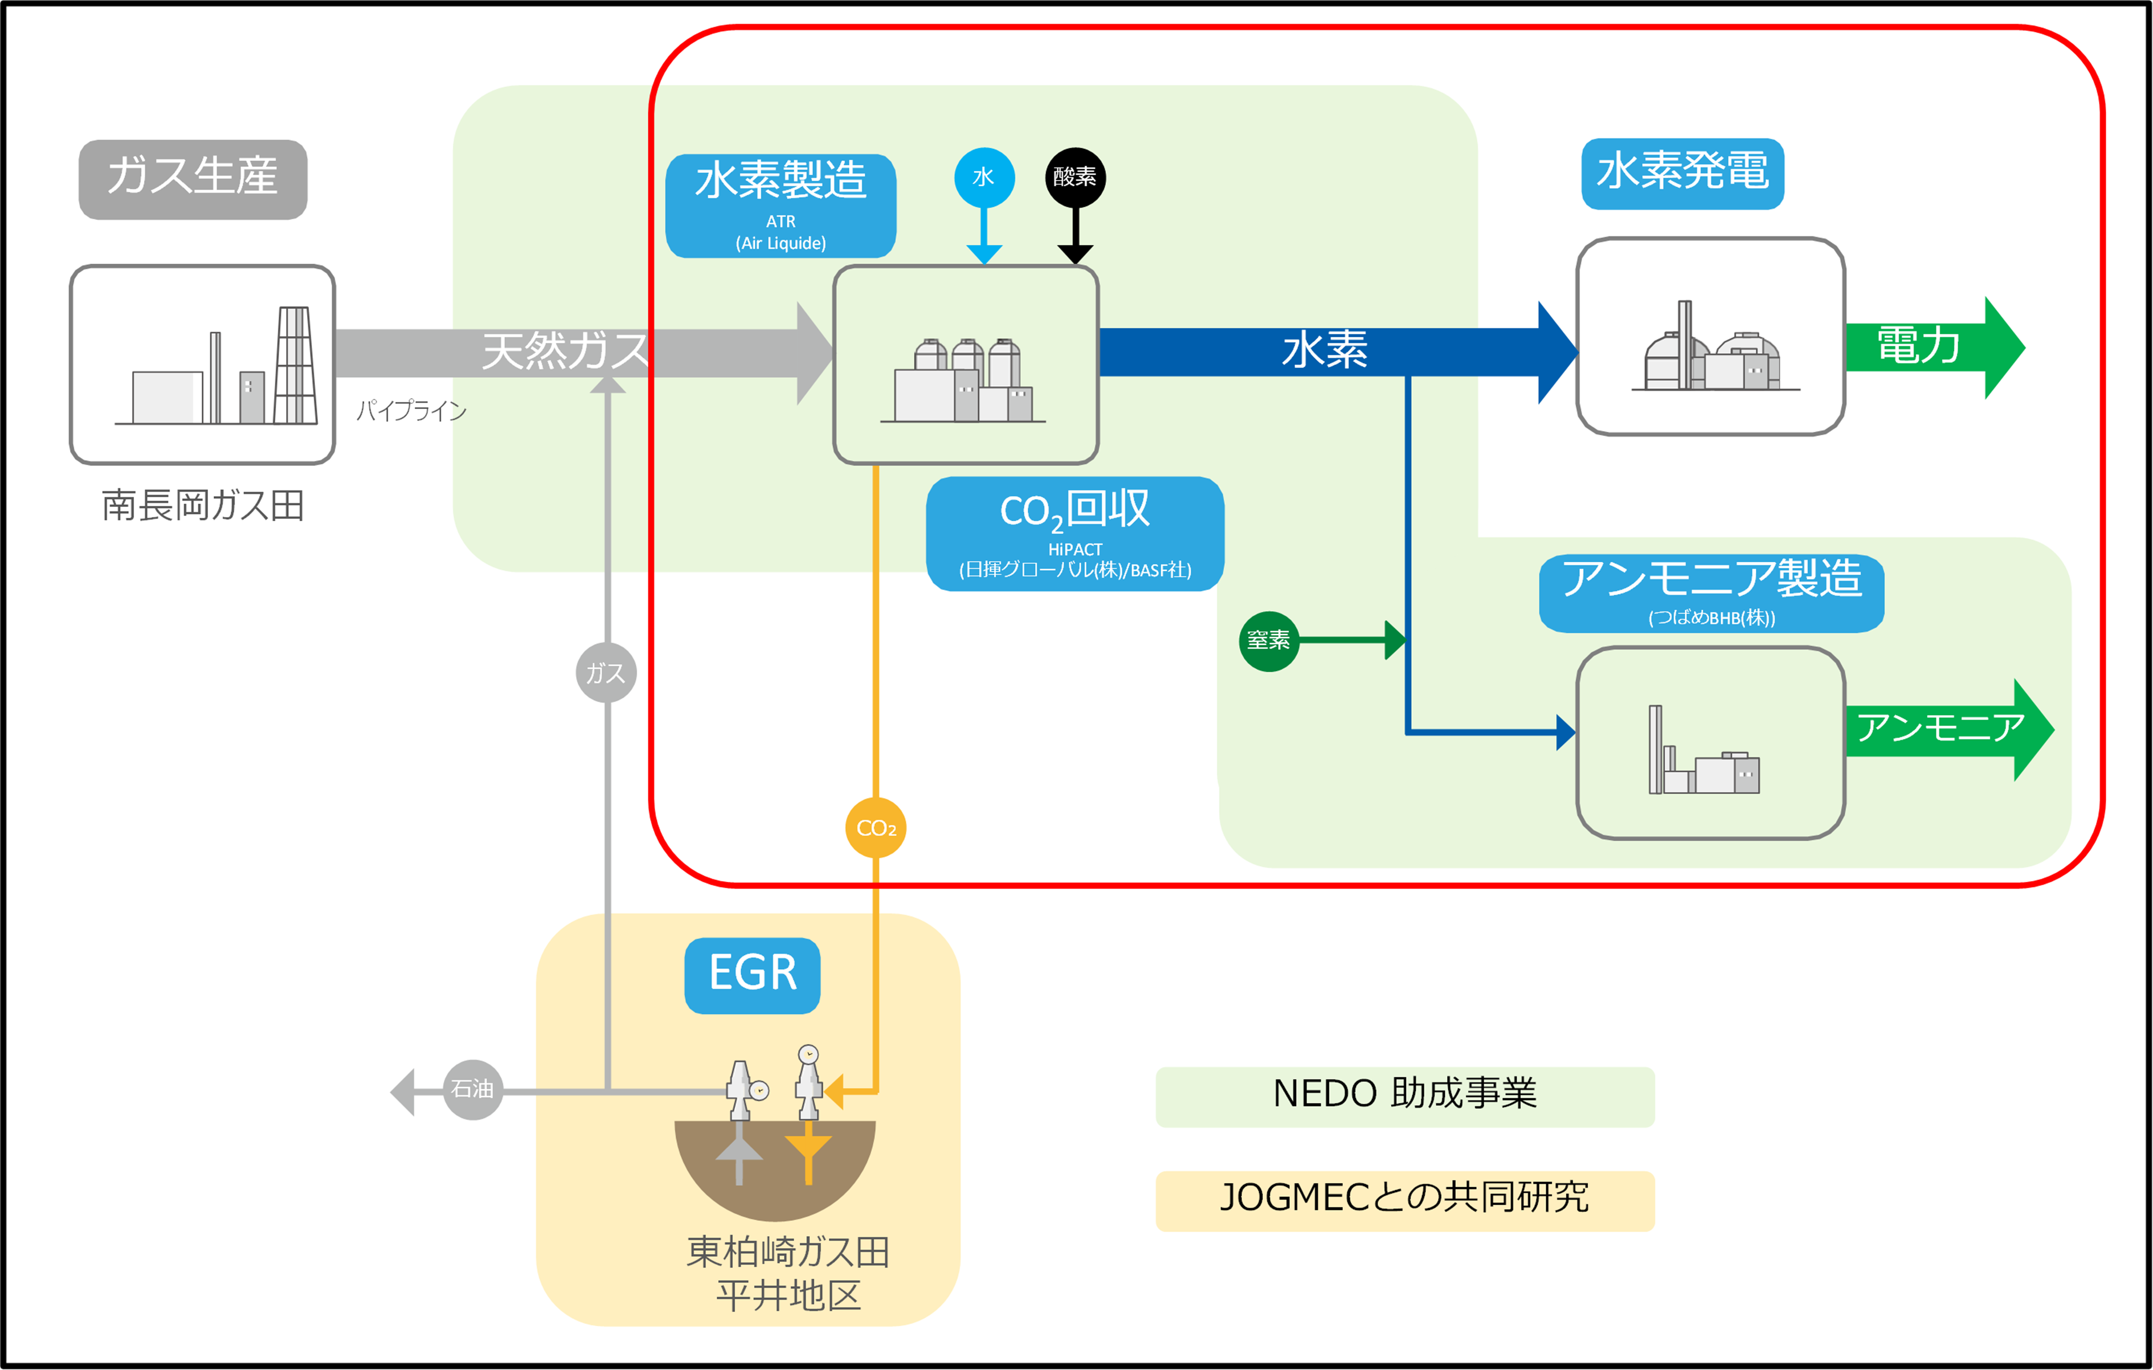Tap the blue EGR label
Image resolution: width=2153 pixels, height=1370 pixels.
click(x=752, y=974)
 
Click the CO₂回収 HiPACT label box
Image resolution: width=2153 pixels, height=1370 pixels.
click(x=1075, y=534)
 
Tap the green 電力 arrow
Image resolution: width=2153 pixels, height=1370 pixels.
click(x=1931, y=347)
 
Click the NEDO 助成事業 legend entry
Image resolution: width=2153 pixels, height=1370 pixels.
click(x=1404, y=1095)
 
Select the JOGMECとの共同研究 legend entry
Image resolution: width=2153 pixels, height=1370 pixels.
click(x=1404, y=1199)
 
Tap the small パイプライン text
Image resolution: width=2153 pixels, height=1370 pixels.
click(x=411, y=411)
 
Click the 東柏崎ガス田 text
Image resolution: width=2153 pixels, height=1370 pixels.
click(x=788, y=1252)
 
